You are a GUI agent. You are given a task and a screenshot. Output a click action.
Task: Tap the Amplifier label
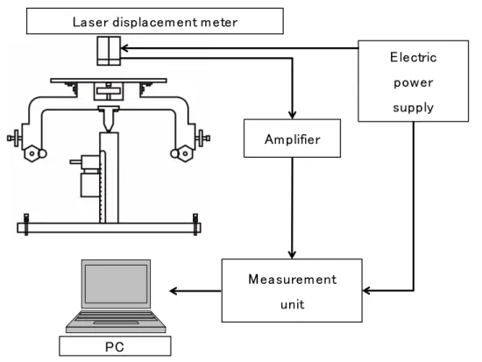pyautogui.click(x=293, y=139)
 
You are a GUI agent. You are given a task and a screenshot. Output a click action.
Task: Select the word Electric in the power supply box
pyautogui.click(x=413, y=57)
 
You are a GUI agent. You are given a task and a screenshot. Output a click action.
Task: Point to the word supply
pyautogui.click(x=413, y=108)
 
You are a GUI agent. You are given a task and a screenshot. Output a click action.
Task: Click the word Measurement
pyautogui.click(x=293, y=280)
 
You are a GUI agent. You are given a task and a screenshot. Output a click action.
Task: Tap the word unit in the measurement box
pyautogui.click(x=293, y=304)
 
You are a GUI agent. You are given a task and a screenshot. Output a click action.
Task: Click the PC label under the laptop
pyautogui.click(x=115, y=347)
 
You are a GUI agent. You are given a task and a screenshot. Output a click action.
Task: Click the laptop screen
pyautogui.click(x=116, y=284)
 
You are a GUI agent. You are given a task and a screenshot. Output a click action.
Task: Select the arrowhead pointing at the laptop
pyautogui.click(x=174, y=291)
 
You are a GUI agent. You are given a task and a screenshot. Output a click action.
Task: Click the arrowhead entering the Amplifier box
pyautogui.click(x=292, y=116)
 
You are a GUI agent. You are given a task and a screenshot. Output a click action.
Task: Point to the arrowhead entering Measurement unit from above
pyautogui.click(x=292, y=255)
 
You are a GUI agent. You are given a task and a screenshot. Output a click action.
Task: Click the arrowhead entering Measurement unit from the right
pyautogui.click(x=366, y=290)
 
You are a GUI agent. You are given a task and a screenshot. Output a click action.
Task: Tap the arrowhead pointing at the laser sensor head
pyautogui.click(x=124, y=48)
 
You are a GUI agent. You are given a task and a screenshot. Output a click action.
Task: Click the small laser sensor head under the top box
pyautogui.click(x=109, y=51)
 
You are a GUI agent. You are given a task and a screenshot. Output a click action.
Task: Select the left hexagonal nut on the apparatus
pyautogui.click(x=32, y=153)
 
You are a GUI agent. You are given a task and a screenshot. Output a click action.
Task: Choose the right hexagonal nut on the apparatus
pyautogui.click(x=186, y=153)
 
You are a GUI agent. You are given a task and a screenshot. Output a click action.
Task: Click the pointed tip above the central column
pyautogui.click(x=109, y=131)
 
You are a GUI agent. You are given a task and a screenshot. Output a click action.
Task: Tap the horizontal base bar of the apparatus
pyautogui.click(x=110, y=228)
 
